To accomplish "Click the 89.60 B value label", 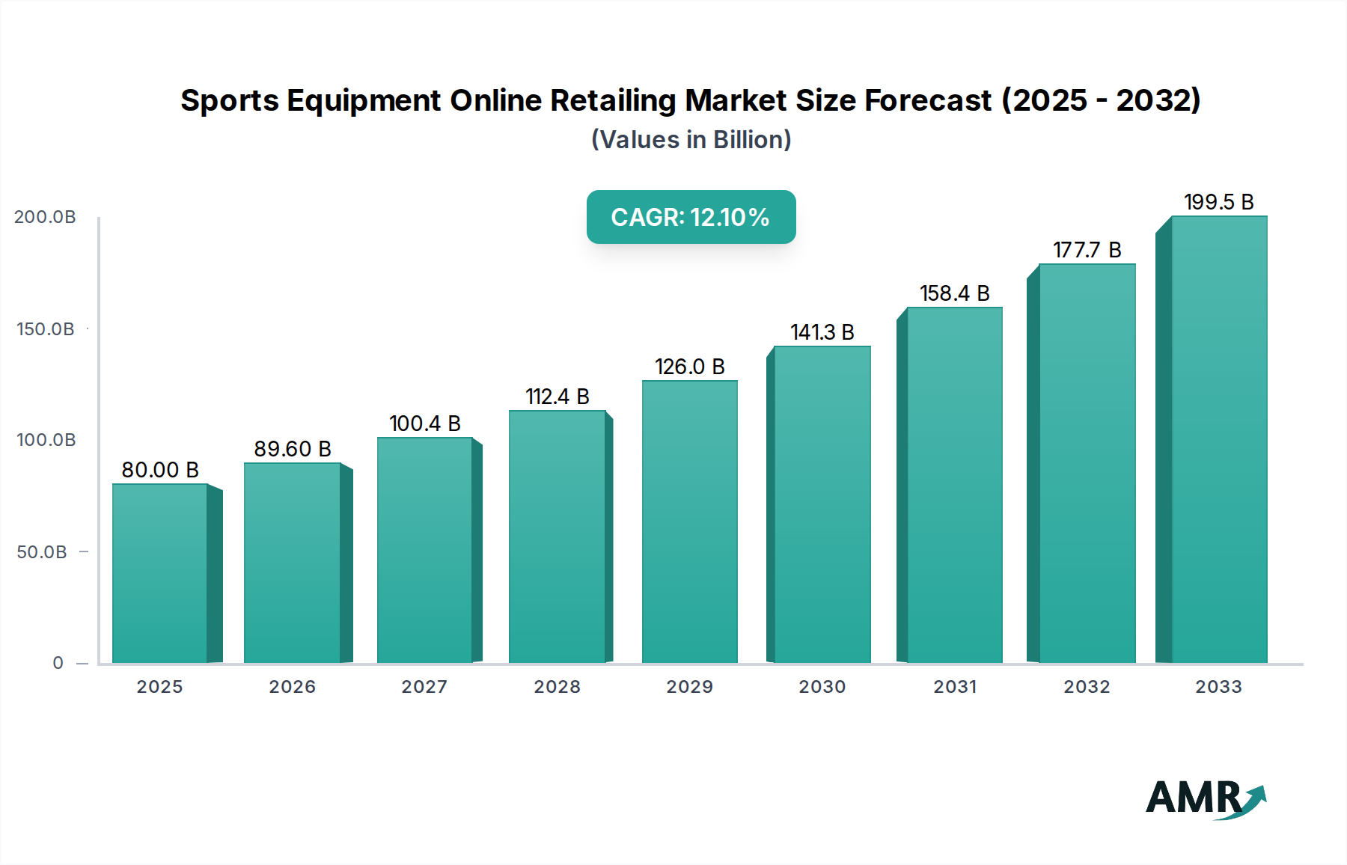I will (292, 449).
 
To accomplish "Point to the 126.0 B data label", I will (689, 367).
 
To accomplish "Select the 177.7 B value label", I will (1087, 250).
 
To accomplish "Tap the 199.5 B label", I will (1218, 202).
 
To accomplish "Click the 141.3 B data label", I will (822, 332).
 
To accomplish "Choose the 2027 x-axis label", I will (424, 687).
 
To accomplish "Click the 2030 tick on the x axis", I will (822, 687).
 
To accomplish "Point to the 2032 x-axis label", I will (1087, 687).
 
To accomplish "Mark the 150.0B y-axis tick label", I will (46, 329).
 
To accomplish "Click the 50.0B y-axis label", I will (42, 552).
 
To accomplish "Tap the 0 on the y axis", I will (58, 663).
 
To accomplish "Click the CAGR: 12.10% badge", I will (691, 217).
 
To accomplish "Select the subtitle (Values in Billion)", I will (691, 140).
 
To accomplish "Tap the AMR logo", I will (1206, 798).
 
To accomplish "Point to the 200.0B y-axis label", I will (45, 217).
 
